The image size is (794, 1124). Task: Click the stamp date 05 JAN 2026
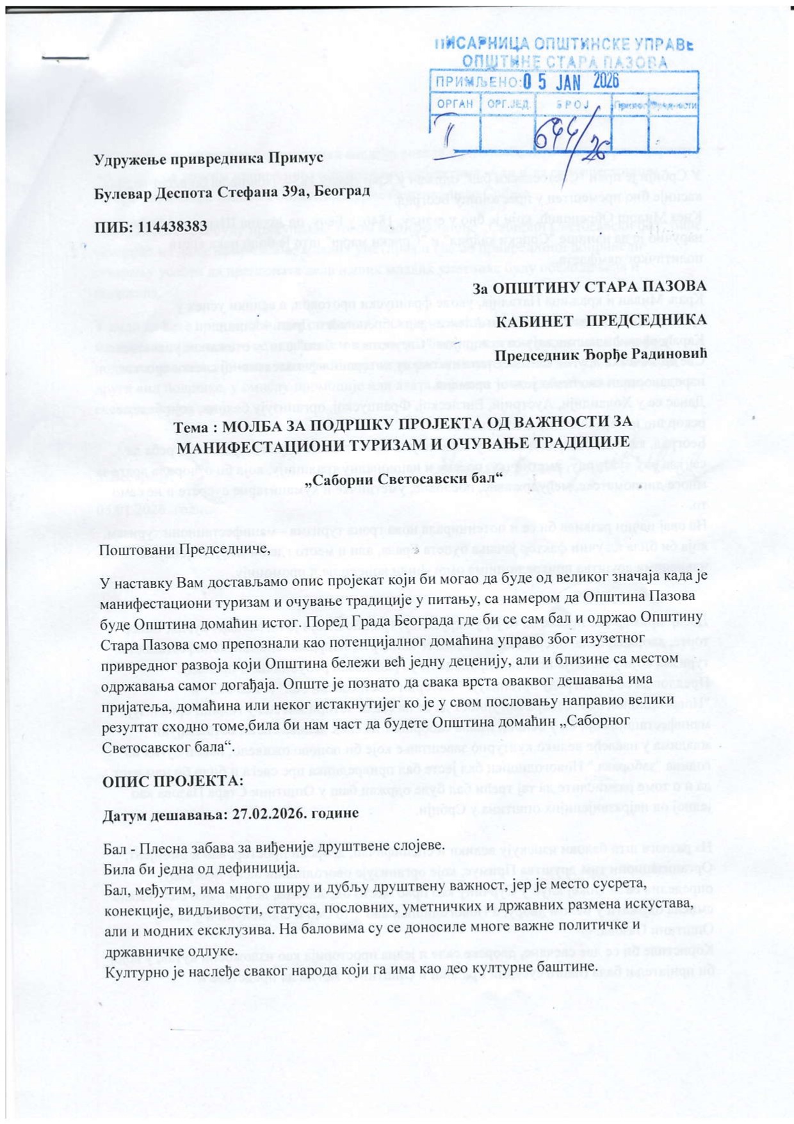click(x=571, y=81)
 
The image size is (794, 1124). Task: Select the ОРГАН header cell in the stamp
click(x=455, y=104)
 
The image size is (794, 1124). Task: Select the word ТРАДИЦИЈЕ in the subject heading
click(x=572, y=444)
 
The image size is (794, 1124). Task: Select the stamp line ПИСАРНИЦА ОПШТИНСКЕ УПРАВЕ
click(x=563, y=44)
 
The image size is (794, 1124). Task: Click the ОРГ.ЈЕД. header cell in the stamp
click(x=508, y=104)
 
